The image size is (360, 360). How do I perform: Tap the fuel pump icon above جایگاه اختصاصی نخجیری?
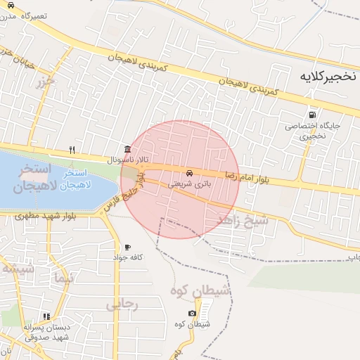pos(312,115)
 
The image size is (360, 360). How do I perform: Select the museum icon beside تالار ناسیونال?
pos(127,149)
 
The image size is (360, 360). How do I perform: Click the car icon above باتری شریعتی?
pos(190,173)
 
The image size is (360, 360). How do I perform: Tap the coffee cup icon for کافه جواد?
pos(127,247)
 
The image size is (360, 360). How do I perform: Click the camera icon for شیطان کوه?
pos(192,314)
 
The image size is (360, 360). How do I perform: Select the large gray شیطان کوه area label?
pos(201,290)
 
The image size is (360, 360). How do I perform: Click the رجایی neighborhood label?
pos(122,304)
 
